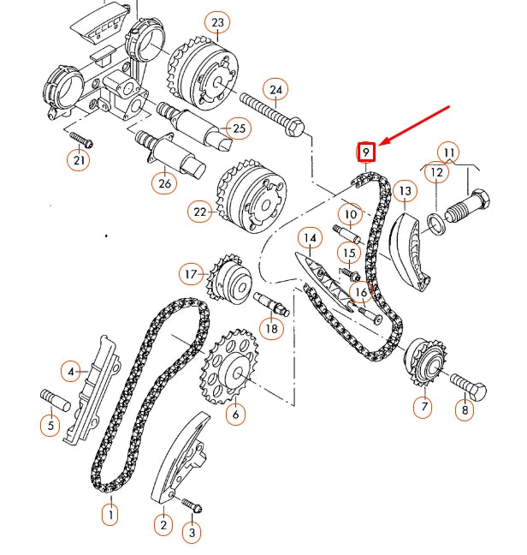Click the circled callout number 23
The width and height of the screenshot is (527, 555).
[216, 21]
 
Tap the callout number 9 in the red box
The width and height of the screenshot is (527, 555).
[366, 152]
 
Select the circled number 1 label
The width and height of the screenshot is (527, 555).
[110, 515]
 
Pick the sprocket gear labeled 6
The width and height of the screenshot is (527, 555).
[228, 371]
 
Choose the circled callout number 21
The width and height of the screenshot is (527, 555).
[79, 159]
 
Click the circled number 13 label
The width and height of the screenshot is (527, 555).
[405, 191]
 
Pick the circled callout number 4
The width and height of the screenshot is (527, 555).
[72, 371]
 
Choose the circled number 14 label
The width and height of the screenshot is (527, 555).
[309, 237]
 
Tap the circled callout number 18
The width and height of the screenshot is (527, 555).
[271, 327]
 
